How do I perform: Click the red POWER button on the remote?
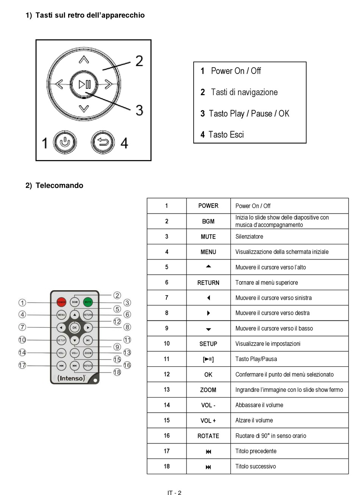61,302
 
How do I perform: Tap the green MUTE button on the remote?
88,302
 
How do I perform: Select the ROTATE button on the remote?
88,366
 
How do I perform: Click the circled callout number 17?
22,365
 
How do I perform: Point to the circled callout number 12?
117,322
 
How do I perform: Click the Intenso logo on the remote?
71,378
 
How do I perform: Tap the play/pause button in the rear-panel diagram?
84,84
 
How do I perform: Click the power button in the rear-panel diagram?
65,143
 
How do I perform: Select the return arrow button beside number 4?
103,143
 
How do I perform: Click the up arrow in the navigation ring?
84,60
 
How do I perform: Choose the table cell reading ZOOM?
208,390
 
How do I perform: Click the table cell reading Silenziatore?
249,237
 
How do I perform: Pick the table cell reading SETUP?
208,344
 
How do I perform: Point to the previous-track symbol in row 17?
208,451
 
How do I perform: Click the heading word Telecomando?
59,185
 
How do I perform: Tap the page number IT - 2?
174,493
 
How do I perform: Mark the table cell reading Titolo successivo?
255,467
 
